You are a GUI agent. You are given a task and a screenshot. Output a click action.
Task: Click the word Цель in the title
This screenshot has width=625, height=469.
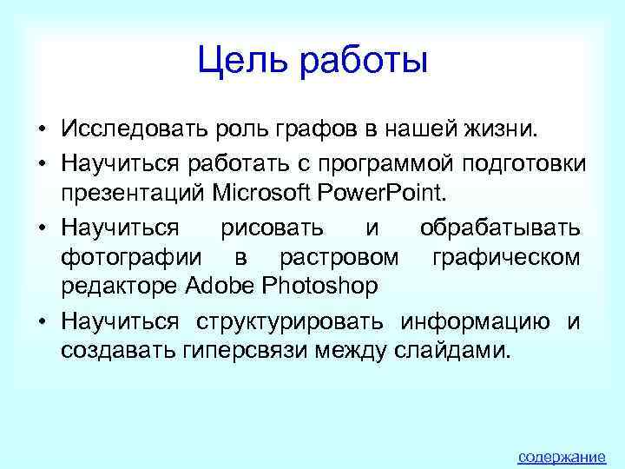coord(242,62)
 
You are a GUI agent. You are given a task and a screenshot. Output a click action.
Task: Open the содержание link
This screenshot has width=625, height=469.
coord(561,457)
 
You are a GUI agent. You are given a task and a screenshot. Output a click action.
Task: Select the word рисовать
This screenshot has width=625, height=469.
coord(273,228)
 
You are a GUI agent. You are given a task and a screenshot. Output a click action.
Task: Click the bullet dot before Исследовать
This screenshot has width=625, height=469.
coord(42,131)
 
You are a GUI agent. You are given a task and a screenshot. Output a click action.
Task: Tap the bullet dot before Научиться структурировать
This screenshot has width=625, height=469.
coord(42,323)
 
